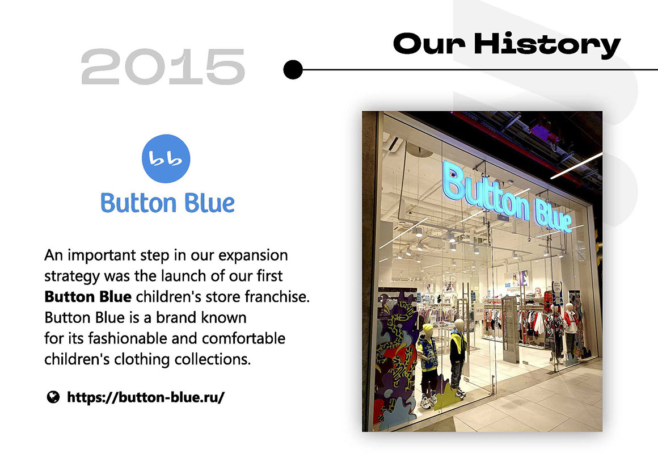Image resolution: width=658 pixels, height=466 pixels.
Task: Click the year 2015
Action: [x=163, y=66]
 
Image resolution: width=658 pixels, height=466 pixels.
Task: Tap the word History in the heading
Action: [x=547, y=44]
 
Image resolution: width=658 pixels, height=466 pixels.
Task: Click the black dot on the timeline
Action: [x=293, y=70]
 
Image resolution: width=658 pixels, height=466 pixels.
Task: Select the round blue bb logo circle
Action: [x=166, y=159]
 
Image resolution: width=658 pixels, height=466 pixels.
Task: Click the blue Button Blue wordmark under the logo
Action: [x=167, y=203]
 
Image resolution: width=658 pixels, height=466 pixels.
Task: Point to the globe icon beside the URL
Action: [x=53, y=397]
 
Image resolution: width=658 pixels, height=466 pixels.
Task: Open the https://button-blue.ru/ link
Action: [x=146, y=397]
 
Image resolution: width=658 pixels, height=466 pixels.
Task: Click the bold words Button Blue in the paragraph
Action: [x=88, y=297]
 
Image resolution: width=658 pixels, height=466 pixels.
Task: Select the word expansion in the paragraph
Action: [x=253, y=255]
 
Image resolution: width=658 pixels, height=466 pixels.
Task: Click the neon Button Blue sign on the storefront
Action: [x=507, y=198]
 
